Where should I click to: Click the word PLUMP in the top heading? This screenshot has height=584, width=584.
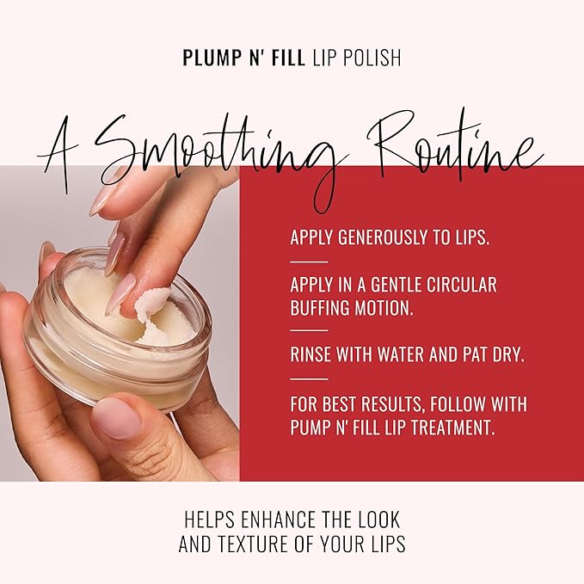tap(206, 58)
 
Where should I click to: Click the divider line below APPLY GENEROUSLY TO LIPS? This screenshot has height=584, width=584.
tap(309, 261)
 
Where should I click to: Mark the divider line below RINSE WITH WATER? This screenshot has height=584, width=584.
tap(309, 378)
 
